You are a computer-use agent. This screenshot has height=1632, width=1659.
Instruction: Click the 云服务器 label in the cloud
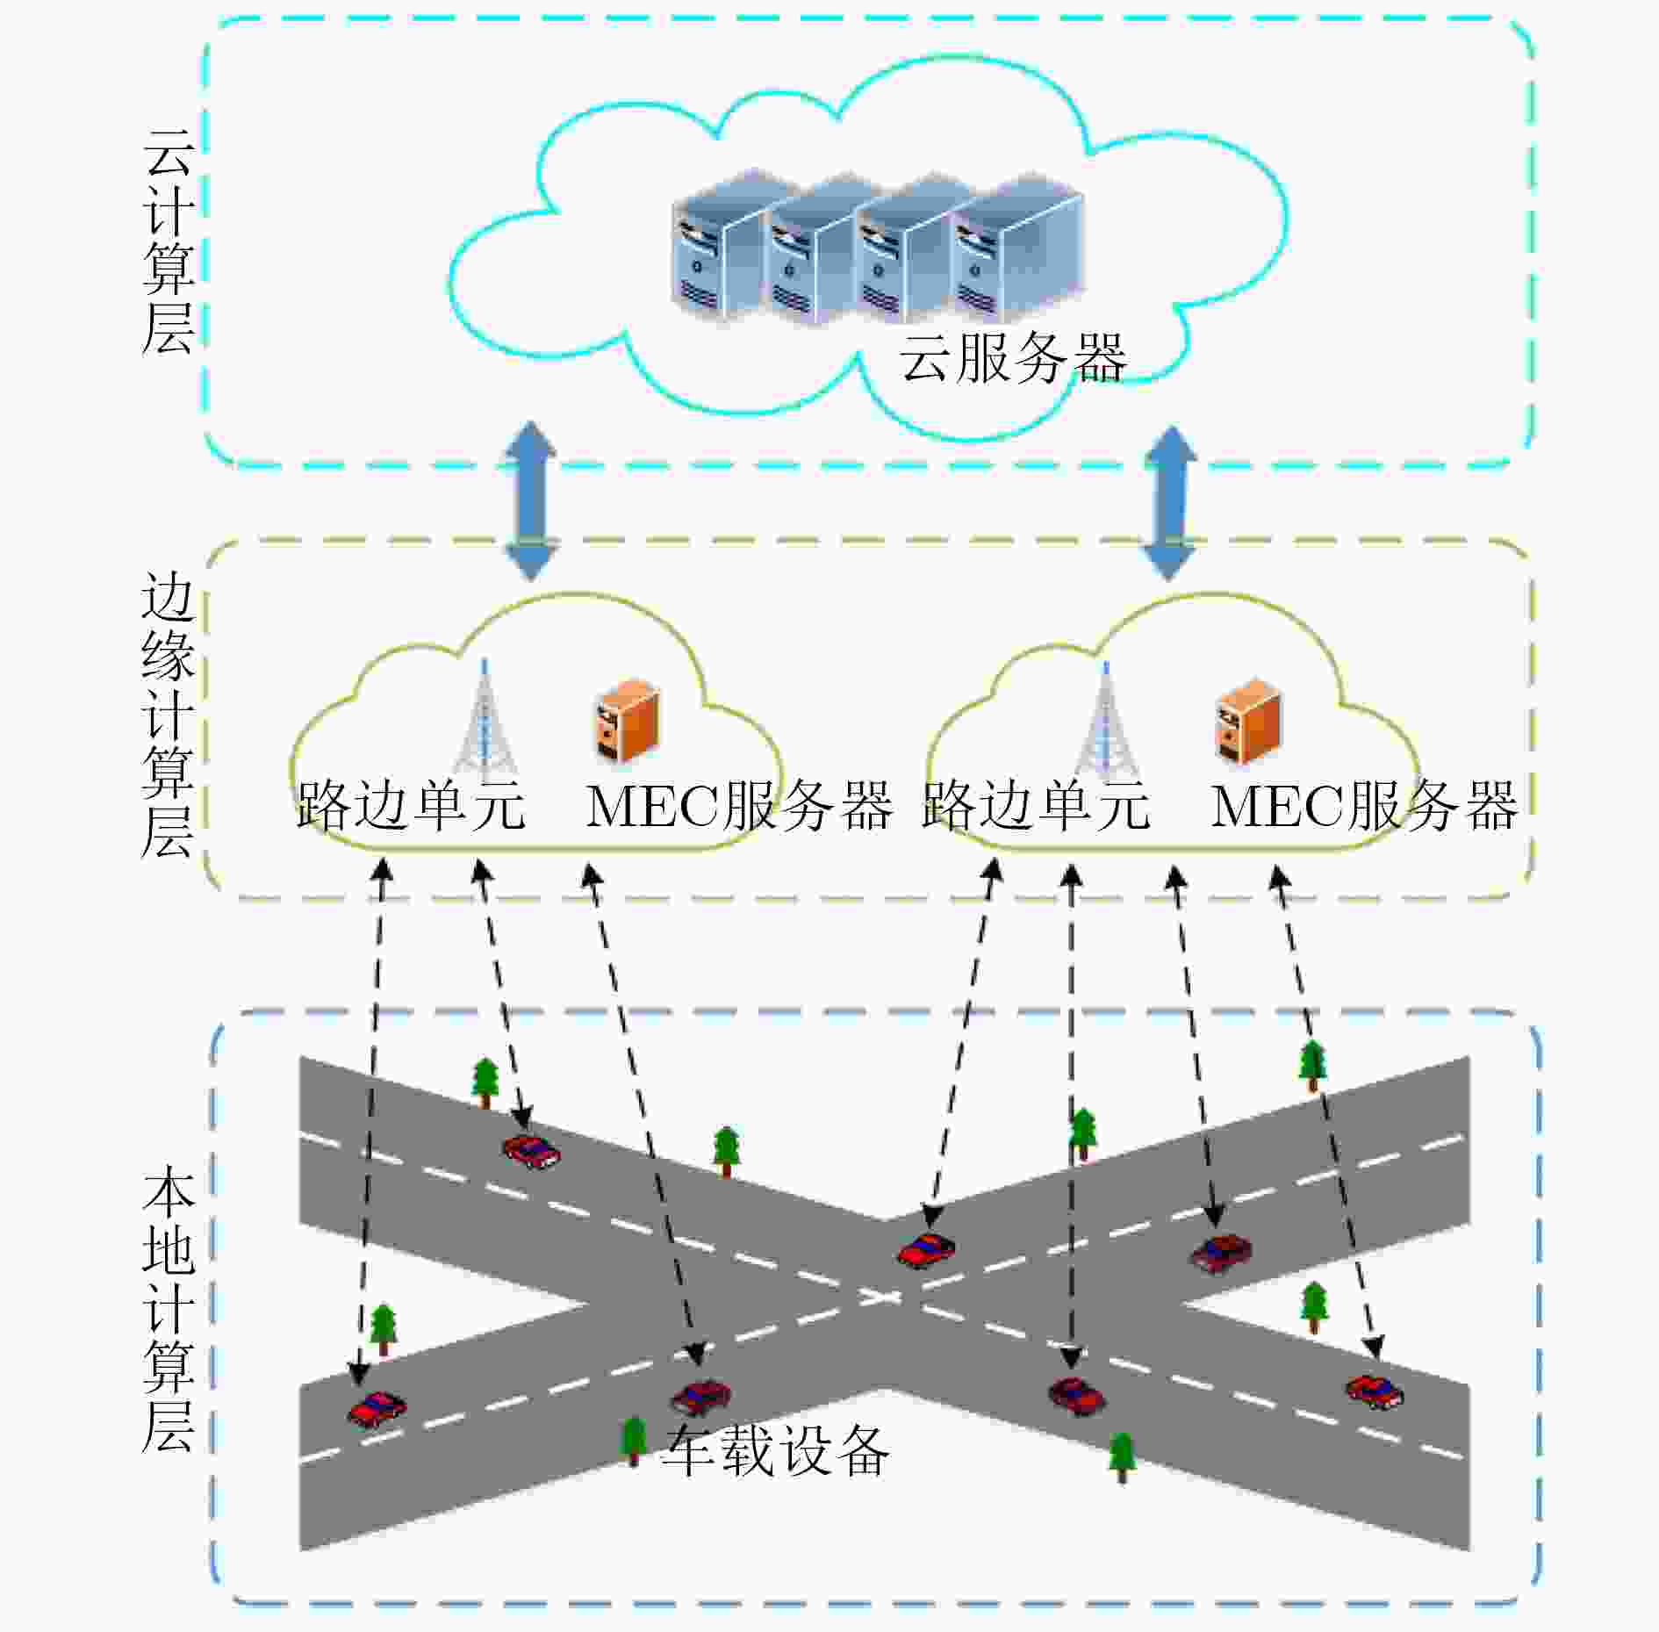pos(1013,357)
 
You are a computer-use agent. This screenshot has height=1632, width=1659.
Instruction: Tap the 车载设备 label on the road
pos(776,1450)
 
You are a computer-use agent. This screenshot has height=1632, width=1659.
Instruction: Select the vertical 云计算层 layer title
pos(168,241)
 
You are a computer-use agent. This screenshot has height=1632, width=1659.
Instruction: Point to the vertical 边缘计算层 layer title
pos(168,715)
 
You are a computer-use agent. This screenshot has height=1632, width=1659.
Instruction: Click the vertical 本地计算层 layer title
pos(168,1308)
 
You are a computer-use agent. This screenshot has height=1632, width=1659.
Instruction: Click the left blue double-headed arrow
pos(530,501)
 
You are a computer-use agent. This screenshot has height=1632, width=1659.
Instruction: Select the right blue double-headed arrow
pos(1169,503)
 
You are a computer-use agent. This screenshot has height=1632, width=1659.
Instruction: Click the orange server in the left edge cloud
pos(625,719)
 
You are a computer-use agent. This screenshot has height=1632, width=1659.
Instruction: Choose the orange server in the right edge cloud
pos(1247,719)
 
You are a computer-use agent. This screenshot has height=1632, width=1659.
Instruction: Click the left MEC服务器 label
pos(739,806)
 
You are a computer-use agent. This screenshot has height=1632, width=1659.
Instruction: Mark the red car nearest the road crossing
pos(926,1250)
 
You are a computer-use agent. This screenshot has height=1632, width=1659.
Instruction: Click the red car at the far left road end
pos(377,1409)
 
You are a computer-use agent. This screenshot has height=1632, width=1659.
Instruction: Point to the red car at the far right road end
pos(1375,1391)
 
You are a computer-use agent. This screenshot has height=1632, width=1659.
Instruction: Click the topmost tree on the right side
pos(1312,1065)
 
